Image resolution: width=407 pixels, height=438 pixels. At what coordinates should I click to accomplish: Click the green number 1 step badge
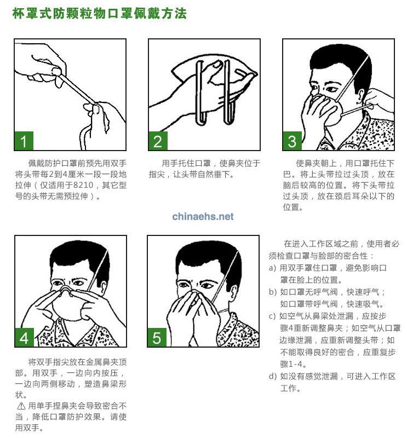pos(24,141)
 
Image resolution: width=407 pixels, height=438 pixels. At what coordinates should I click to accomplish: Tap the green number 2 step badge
pos(158,141)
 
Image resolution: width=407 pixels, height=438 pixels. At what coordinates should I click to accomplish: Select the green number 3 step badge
pos(292,141)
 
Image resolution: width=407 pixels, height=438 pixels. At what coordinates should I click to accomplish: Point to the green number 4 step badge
pos(24,338)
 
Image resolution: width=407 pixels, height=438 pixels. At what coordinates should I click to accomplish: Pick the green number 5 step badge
pos(157,338)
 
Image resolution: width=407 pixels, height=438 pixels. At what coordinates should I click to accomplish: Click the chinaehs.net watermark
pos(203,216)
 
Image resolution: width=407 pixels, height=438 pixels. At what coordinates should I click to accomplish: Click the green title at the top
pos(99,13)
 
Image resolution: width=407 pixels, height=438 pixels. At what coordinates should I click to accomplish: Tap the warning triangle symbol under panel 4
pos(21,406)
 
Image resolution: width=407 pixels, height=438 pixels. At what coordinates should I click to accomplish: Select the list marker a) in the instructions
pos(272,268)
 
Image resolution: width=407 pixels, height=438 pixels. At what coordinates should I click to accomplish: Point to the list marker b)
pos(272,292)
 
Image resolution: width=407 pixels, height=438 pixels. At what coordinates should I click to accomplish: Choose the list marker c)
pos(272,316)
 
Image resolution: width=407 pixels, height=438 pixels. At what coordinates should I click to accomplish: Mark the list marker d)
pos(272,376)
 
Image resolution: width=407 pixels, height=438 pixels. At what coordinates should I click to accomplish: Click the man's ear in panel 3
pos(360,96)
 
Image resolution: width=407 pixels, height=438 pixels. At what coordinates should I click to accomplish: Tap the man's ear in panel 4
pos(104,288)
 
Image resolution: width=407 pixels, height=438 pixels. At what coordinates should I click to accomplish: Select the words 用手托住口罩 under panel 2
pos(186,163)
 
